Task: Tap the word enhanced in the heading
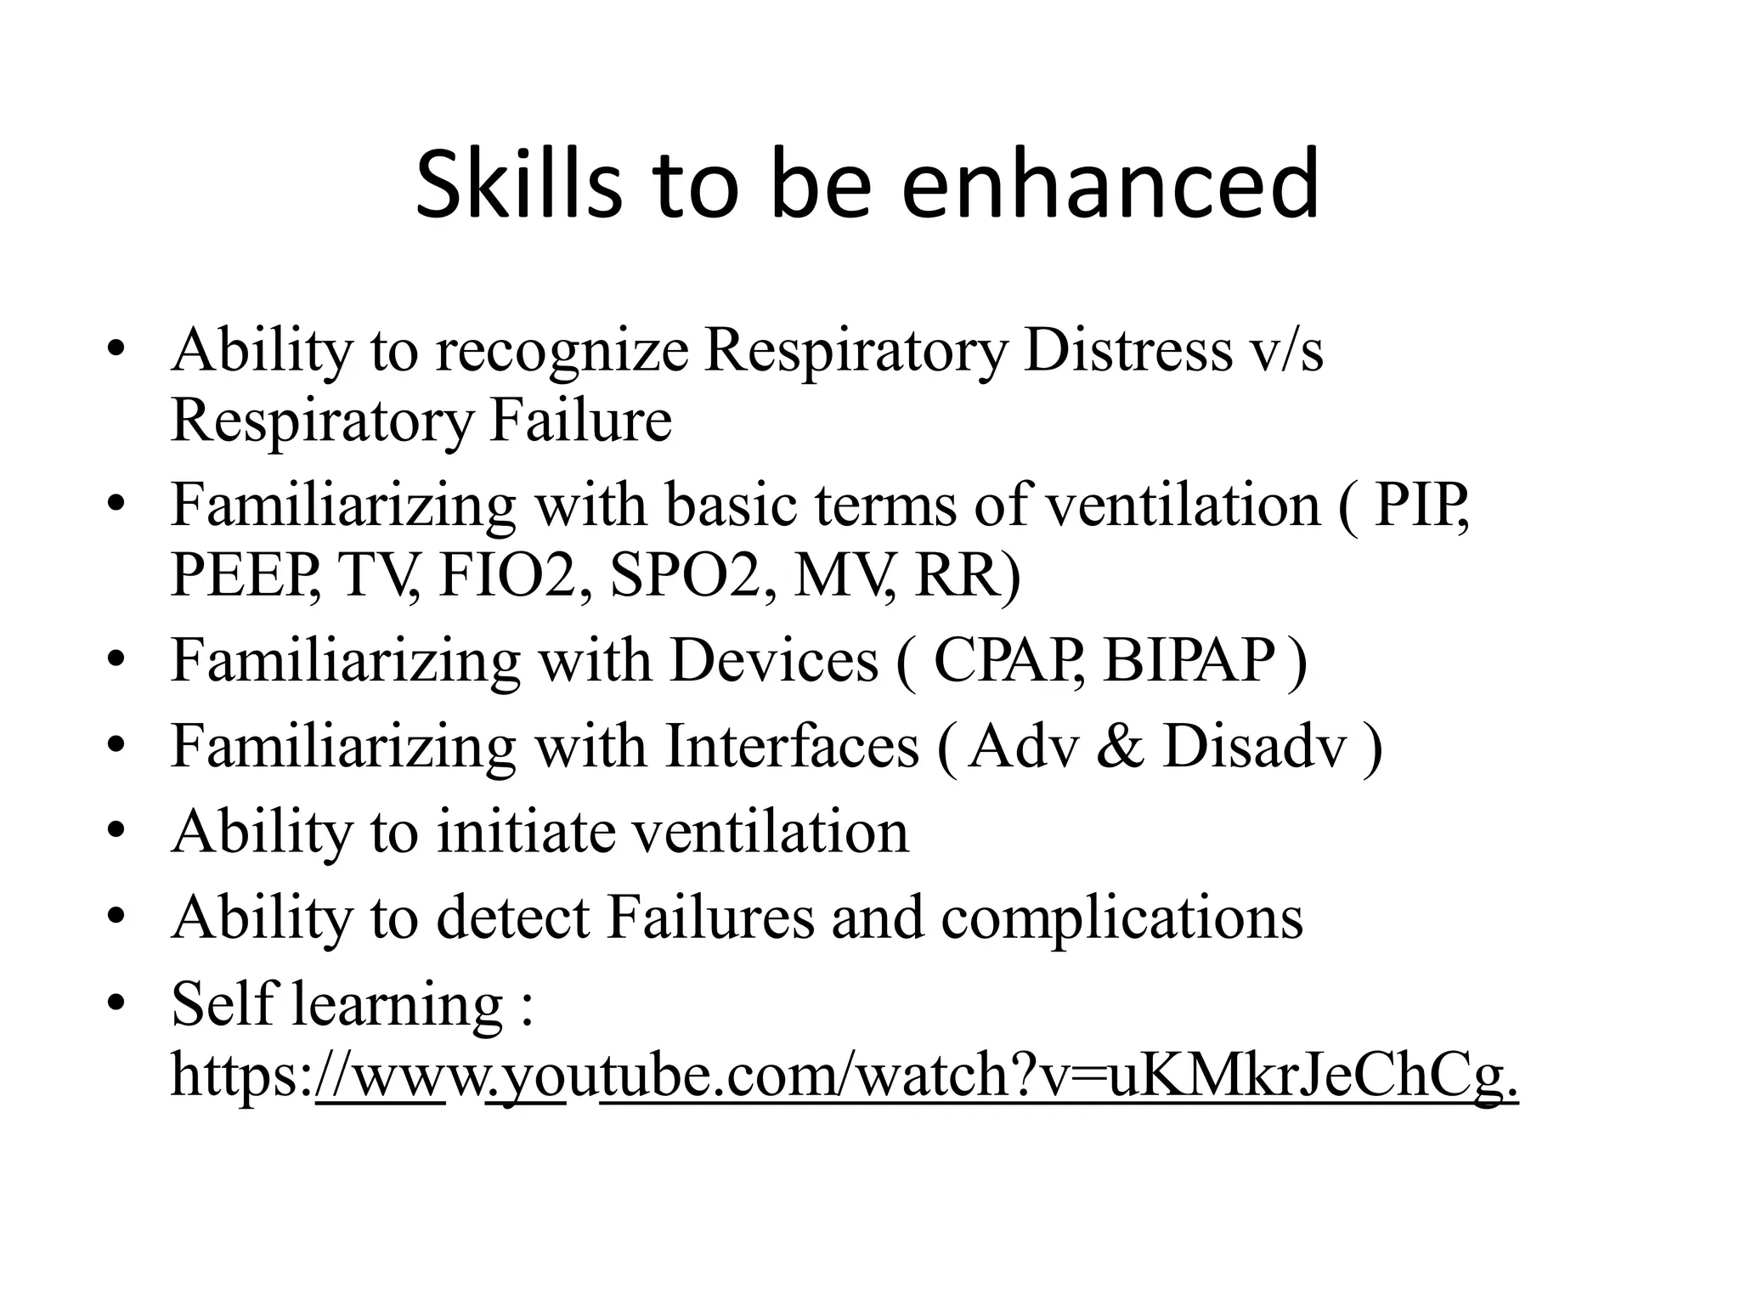pyautogui.click(x=1110, y=184)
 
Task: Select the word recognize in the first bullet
pyautogui.click(x=562, y=351)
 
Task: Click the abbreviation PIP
pyautogui.click(x=1420, y=506)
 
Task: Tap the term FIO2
pyautogui.click(x=506, y=575)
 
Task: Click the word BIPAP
pyautogui.click(x=1189, y=660)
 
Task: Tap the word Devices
pyautogui.click(x=773, y=660)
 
